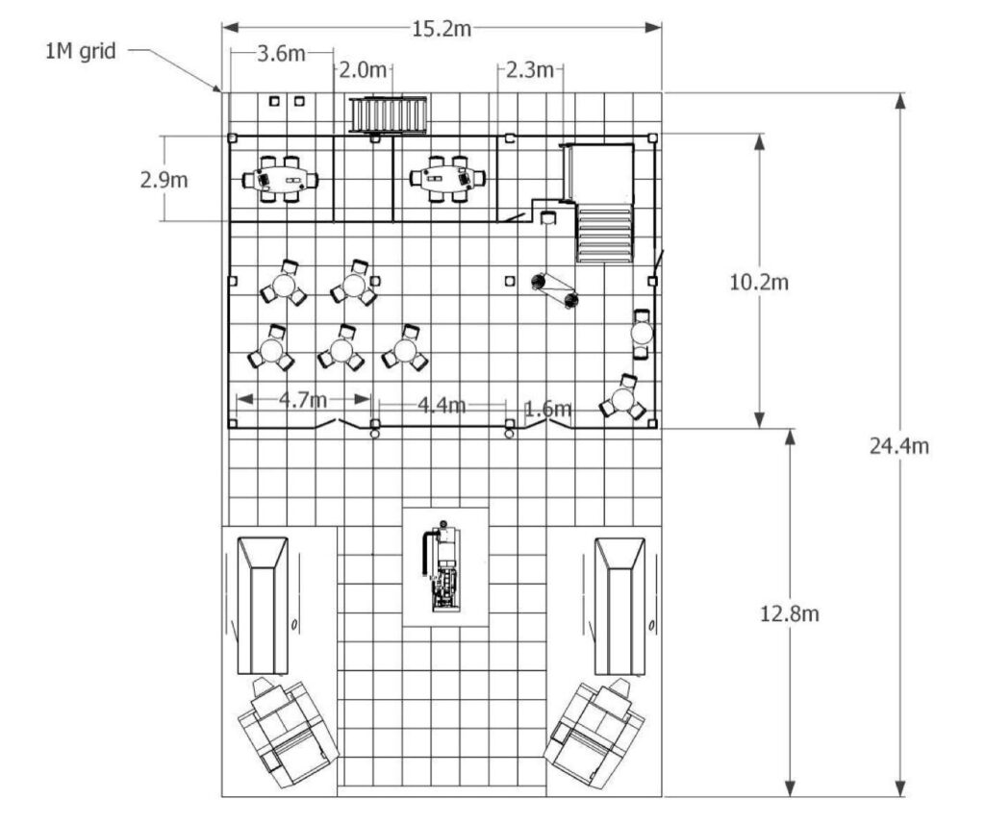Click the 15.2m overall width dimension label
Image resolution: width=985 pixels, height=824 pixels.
click(x=442, y=29)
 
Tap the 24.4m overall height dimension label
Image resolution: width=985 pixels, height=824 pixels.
click(x=899, y=446)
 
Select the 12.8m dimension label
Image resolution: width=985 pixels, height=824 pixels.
click(x=790, y=613)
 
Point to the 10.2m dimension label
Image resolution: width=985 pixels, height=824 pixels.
click(x=759, y=283)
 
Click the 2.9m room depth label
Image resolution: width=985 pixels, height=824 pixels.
click(x=164, y=180)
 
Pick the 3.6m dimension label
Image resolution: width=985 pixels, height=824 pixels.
click(x=282, y=54)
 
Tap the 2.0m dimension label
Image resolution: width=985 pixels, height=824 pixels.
click(x=363, y=70)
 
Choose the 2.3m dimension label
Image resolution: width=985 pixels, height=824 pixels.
click(x=530, y=70)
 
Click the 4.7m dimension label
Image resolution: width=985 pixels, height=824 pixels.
click(x=303, y=399)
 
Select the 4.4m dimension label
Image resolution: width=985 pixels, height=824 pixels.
click(x=442, y=405)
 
